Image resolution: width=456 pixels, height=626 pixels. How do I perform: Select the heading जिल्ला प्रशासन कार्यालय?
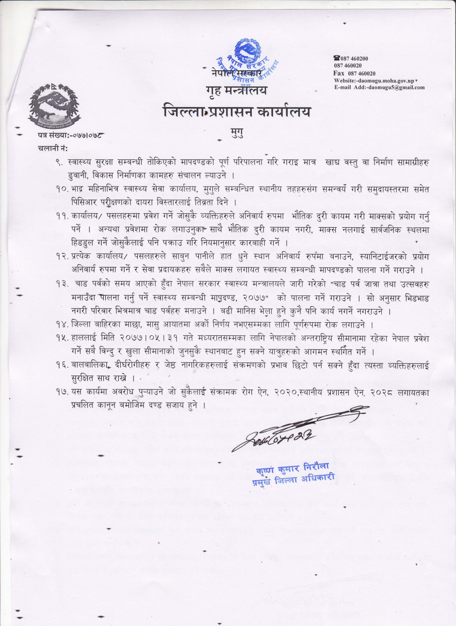coord(237,111)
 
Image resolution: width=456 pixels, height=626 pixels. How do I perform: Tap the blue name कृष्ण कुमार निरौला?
coord(292,469)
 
